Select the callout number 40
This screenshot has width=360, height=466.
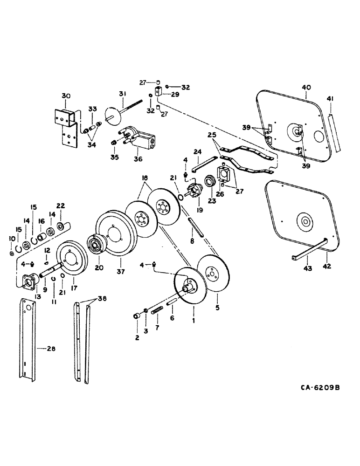[x=306, y=87]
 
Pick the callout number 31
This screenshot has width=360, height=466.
[x=123, y=94]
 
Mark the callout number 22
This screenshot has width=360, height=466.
[x=60, y=206]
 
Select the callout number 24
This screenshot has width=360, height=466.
[x=197, y=151]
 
